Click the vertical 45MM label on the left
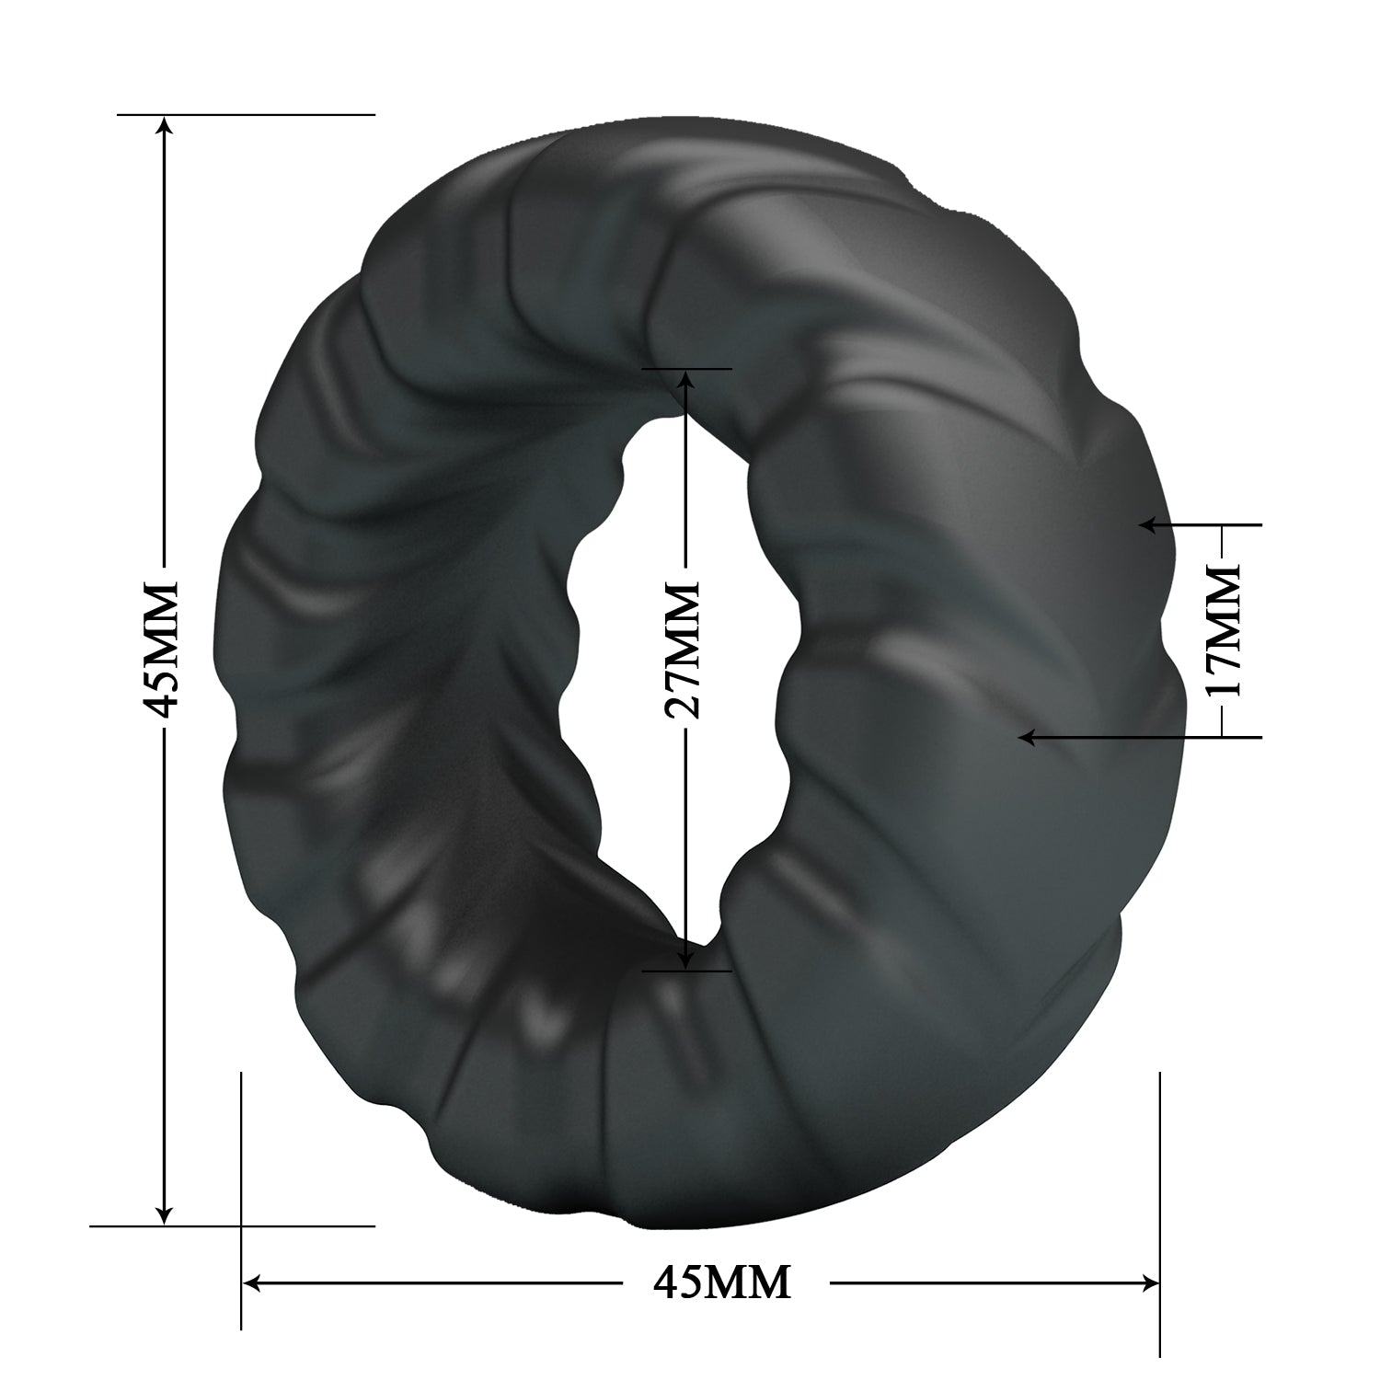coord(164,649)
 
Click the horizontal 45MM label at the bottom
coord(722,1281)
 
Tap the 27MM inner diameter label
coord(683,650)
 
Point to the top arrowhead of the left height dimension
coord(164,125)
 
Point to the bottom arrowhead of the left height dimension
coord(164,1214)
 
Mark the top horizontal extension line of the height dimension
coord(276,114)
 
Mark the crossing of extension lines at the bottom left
coord(241,1225)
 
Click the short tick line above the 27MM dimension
coord(686,368)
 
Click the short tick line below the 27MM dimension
coord(686,970)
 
